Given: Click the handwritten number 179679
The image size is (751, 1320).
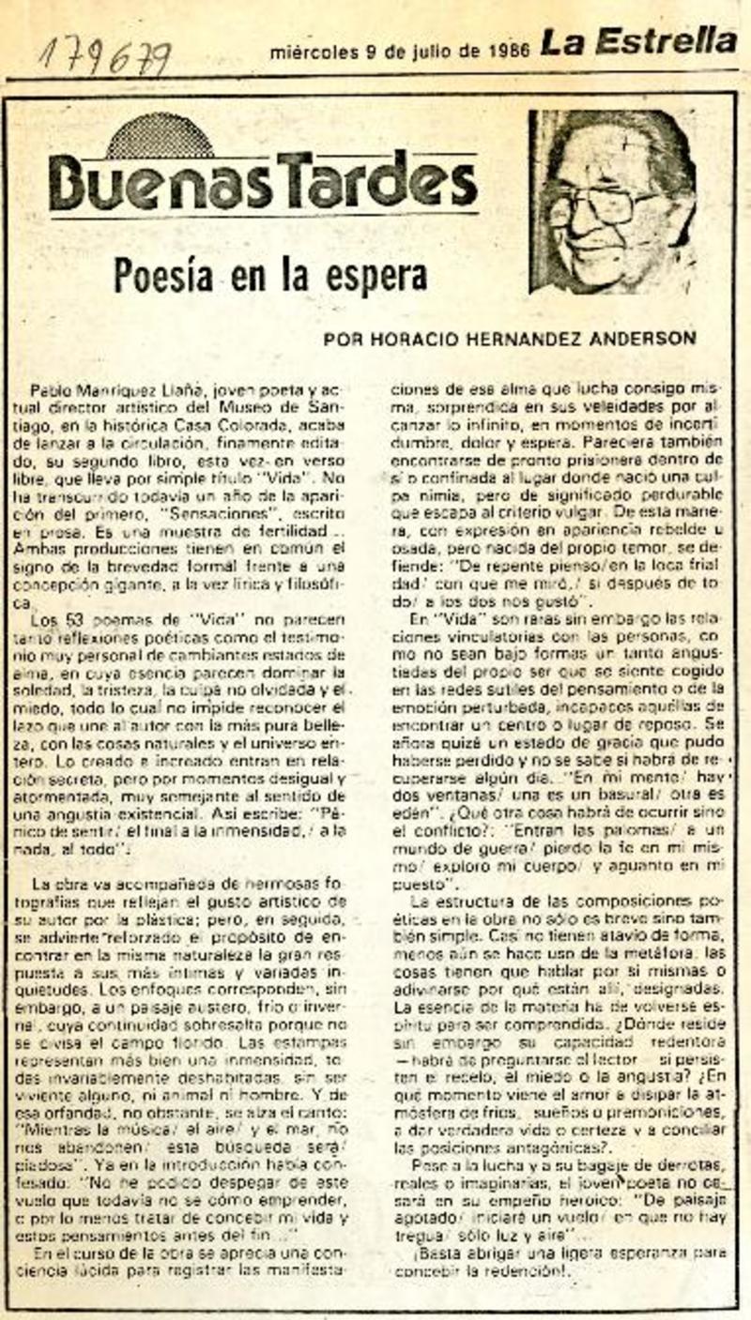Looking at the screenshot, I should (104, 58).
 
